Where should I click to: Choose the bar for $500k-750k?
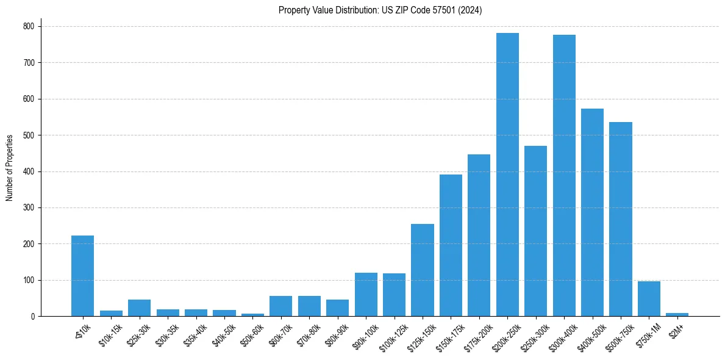(x=621, y=219)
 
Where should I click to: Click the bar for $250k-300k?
(x=535, y=231)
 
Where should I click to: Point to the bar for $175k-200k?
(x=479, y=236)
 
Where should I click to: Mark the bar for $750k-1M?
(x=649, y=299)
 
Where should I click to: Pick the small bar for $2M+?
(x=677, y=314)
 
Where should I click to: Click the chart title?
(x=380, y=10)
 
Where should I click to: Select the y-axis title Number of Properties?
(x=10, y=167)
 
